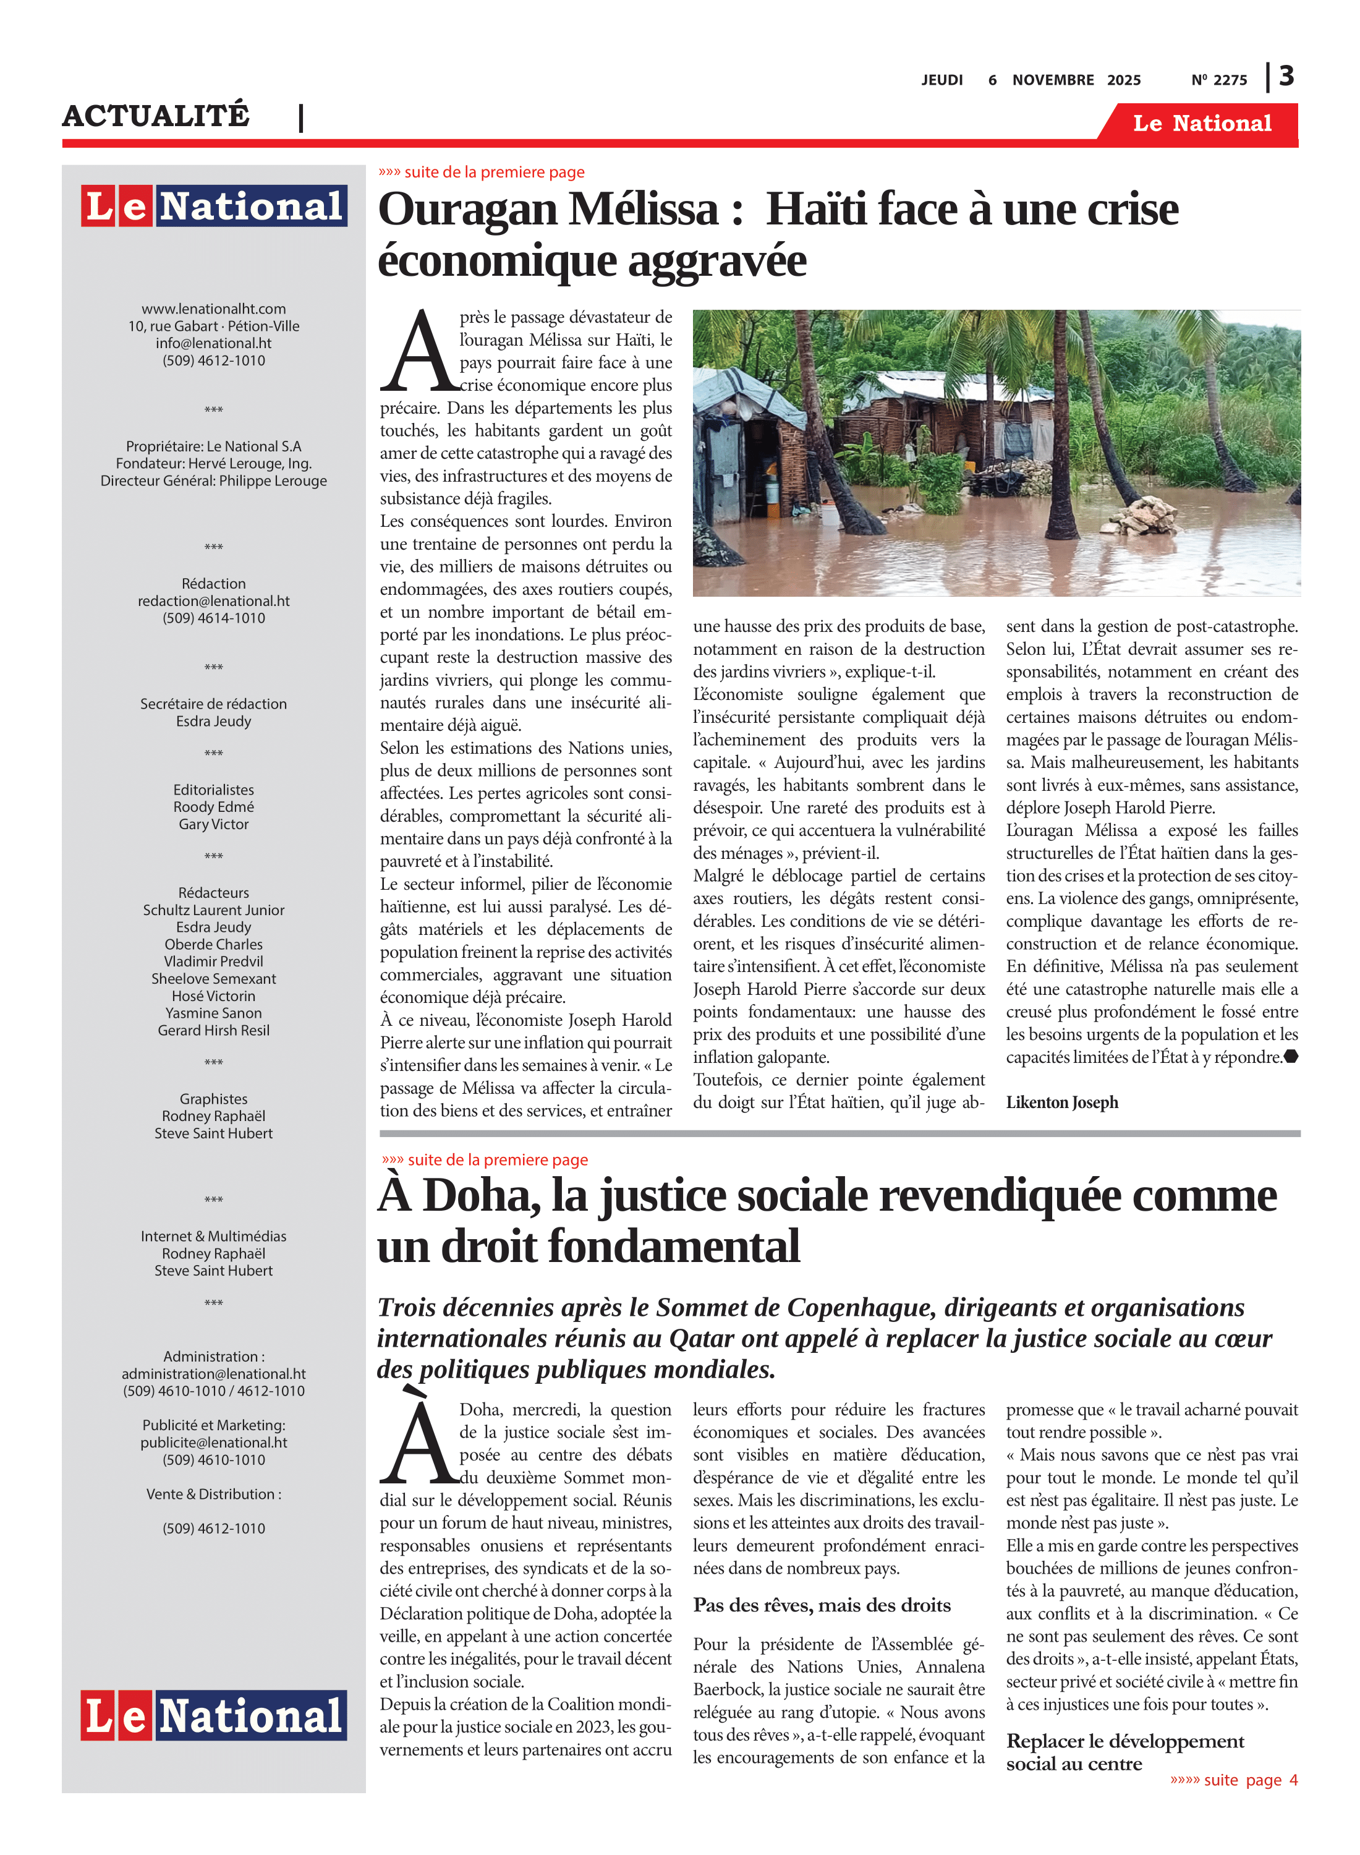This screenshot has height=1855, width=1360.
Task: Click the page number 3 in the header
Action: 1286,77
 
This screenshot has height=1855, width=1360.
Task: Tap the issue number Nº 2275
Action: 1218,80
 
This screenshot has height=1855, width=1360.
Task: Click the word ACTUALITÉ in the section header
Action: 156,115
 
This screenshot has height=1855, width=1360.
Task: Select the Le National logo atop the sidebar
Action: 214,206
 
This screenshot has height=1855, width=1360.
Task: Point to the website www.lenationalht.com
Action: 214,309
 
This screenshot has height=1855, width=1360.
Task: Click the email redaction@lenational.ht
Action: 214,601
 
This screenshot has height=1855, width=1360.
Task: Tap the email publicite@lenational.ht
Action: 214,1442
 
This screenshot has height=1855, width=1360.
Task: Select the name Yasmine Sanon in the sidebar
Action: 214,1013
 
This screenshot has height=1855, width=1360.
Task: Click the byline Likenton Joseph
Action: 1062,1102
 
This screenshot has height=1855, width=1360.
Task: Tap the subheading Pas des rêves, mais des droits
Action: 822,1605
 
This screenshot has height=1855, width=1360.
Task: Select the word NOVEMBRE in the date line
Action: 1053,80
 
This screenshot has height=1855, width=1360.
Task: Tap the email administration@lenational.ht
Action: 214,1373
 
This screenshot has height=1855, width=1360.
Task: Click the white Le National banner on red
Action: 1202,124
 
